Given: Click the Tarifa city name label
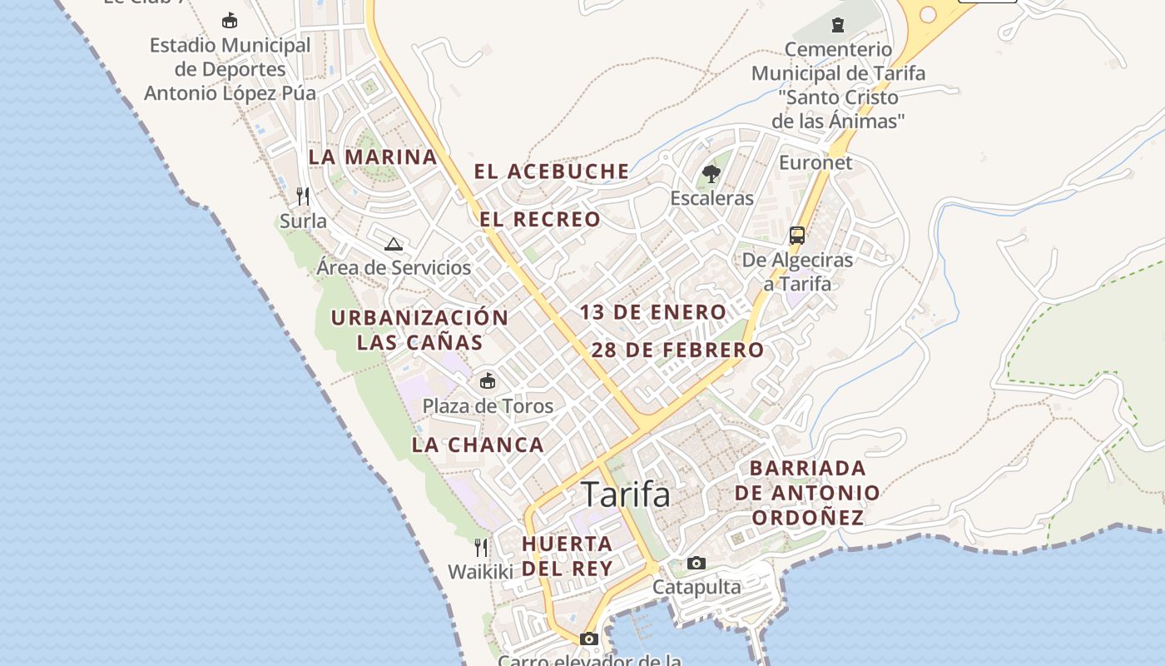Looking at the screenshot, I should [626, 495].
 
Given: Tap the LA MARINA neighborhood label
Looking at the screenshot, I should [373, 157].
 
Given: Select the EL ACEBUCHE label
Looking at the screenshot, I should [552, 171].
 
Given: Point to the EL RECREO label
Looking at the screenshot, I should [540, 220].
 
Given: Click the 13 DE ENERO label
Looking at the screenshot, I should [653, 313].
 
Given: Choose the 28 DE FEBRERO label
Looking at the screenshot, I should [677, 350].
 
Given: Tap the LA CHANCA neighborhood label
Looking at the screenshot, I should [478, 445].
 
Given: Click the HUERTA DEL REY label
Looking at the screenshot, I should [568, 556].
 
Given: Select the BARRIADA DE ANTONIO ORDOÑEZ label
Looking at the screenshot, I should [807, 493].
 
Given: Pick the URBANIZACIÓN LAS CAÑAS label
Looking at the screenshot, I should [419, 330].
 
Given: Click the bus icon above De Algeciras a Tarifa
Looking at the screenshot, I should [797, 235].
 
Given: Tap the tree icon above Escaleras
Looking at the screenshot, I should [711, 174].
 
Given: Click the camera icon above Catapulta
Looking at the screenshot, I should [697, 564].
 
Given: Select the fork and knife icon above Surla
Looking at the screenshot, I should [303, 196].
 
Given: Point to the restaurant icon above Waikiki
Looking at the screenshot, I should [481, 547].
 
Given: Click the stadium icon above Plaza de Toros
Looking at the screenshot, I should [488, 381].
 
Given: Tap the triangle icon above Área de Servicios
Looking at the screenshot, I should [394, 244].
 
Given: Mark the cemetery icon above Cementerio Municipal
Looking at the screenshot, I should [838, 25].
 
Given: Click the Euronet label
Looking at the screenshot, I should [815, 163].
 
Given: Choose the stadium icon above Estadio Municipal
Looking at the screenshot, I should [230, 20].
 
